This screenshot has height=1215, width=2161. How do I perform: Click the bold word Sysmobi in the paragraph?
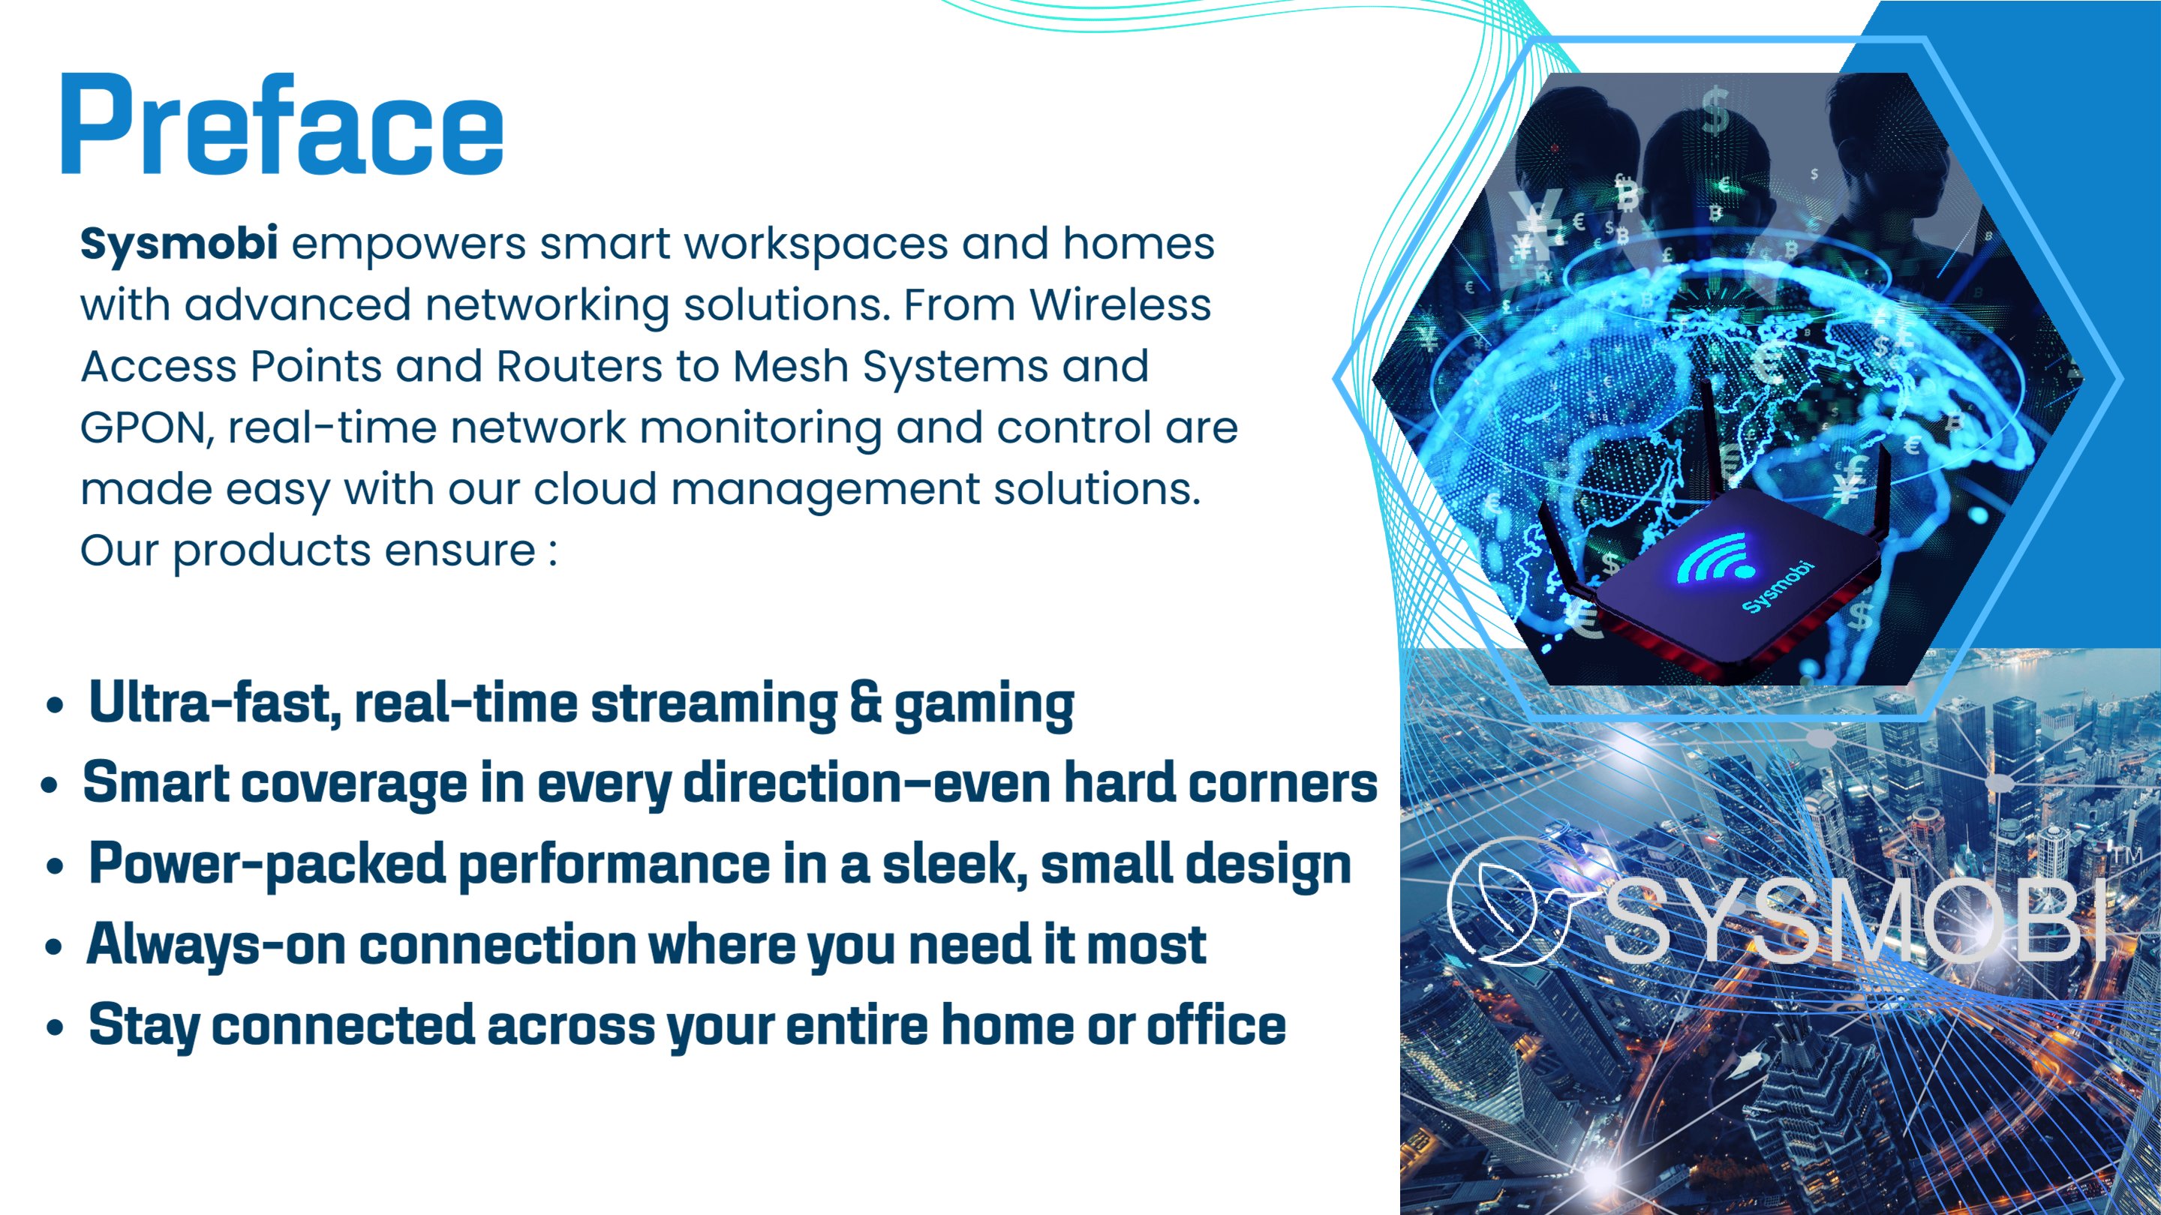pos(179,244)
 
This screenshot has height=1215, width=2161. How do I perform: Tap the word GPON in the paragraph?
pos(142,427)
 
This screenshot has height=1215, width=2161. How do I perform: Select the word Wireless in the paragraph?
pos(1120,304)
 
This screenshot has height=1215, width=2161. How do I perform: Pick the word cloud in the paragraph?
pos(595,489)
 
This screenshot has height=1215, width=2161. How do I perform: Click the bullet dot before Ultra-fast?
pos(56,706)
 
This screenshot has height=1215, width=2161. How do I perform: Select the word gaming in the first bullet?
pos(984,706)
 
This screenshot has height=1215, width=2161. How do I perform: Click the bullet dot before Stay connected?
pos(56,1028)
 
